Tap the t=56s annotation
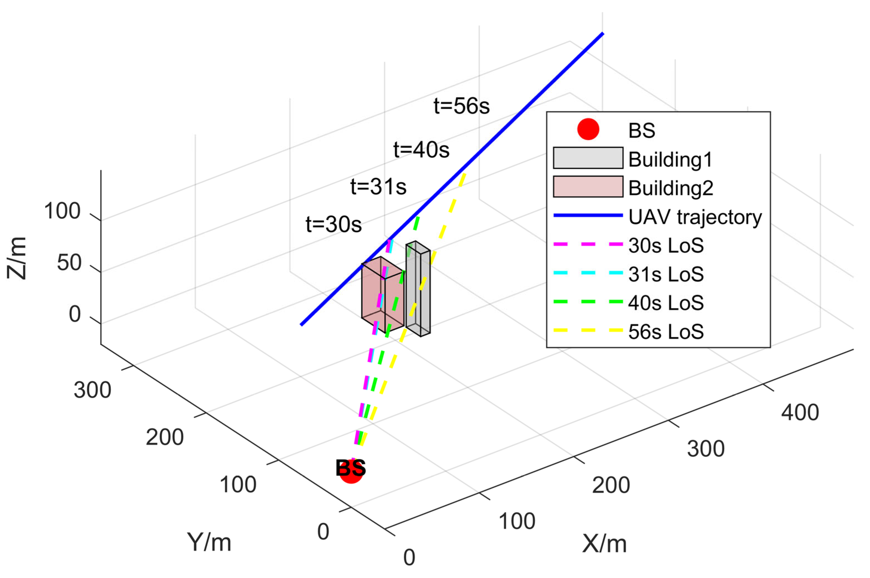click(462, 106)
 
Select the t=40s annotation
click(421, 150)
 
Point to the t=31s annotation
click(378, 187)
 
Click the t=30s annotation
click(333, 224)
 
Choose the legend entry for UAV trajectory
click(695, 217)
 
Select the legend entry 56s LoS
click(666, 331)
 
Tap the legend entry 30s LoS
click(666, 245)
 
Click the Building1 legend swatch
click(588, 158)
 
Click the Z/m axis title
click(17, 258)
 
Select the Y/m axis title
click(209, 542)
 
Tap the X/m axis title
click(604, 544)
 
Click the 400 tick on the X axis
click(800, 412)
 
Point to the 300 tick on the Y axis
click(92, 390)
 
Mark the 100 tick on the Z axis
click(62, 211)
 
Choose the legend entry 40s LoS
click(666, 303)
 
